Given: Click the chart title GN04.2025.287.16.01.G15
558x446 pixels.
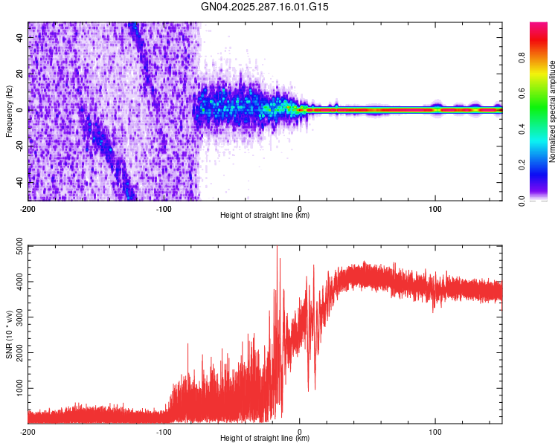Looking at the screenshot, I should click(x=265, y=7).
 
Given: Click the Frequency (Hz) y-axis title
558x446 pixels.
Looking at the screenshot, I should click(x=9, y=111).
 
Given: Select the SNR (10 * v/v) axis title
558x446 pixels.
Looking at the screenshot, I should click(x=9, y=334).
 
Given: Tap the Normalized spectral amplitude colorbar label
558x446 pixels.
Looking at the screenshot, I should click(x=553, y=111).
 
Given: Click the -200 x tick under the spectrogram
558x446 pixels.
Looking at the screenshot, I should click(x=28, y=208).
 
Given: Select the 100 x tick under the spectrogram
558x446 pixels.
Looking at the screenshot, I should click(x=435, y=208).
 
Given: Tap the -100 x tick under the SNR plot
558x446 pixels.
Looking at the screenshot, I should click(x=164, y=431).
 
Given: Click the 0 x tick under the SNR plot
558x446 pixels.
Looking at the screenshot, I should click(x=300, y=431).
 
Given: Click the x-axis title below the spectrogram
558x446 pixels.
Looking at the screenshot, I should click(x=265, y=216).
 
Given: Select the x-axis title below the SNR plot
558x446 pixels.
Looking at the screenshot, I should click(x=265, y=439).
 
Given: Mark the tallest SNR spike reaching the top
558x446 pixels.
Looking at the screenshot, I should click(x=277, y=248).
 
